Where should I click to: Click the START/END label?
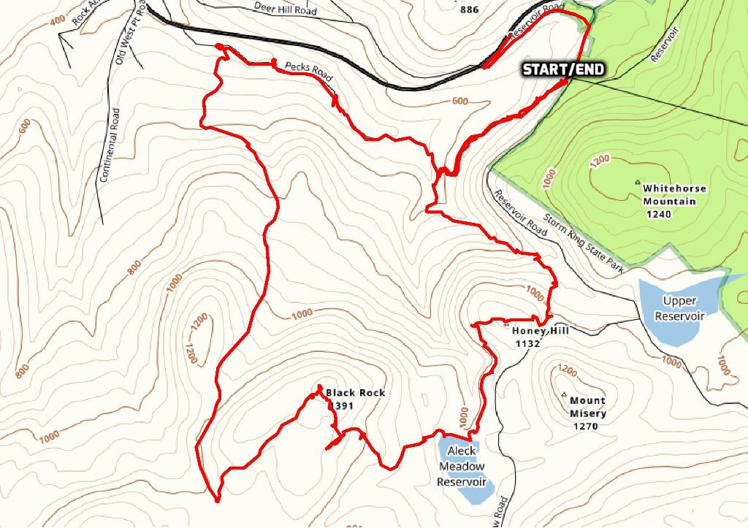click(x=563, y=69)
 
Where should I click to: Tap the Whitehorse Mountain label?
click(x=674, y=194)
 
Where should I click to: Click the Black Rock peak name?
click(x=355, y=393)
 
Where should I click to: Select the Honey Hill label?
click(x=541, y=331)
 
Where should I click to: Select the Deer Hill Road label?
click(x=286, y=9)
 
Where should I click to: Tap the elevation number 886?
click(x=471, y=9)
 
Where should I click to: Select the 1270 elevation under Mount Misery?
click(x=587, y=426)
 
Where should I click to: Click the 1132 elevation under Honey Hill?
click(x=527, y=343)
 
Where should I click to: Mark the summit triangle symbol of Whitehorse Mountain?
click(x=638, y=183)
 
